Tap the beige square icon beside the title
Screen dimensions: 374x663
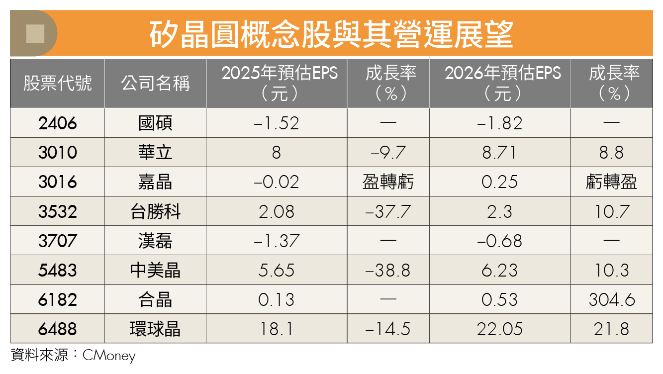(x=35, y=34)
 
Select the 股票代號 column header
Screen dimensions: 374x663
(x=57, y=83)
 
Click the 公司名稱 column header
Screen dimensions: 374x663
(x=155, y=83)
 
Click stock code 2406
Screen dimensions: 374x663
(x=58, y=123)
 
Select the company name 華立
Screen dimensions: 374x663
(x=155, y=153)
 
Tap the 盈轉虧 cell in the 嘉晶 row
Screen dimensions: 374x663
(x=388, y=182)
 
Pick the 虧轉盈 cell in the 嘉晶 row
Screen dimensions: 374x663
(x=612, y=182)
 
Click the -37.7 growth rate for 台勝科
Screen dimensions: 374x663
(x=388, y=212)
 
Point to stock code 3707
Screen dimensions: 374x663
(x=58, y=241)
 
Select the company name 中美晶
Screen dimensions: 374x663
(x=155, y=271)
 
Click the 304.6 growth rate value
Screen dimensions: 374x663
(x=612, y=300)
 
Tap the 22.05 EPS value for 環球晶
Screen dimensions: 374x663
(x=499, y=329)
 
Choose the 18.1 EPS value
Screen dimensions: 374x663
(x=277, y=329)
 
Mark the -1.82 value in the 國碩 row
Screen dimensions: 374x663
(x=499, y=123)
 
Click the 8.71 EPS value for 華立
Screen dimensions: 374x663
(x=499, y=153)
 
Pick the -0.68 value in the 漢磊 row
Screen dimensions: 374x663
(x=499, y=241)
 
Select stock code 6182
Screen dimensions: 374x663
(x=58, y=300)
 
